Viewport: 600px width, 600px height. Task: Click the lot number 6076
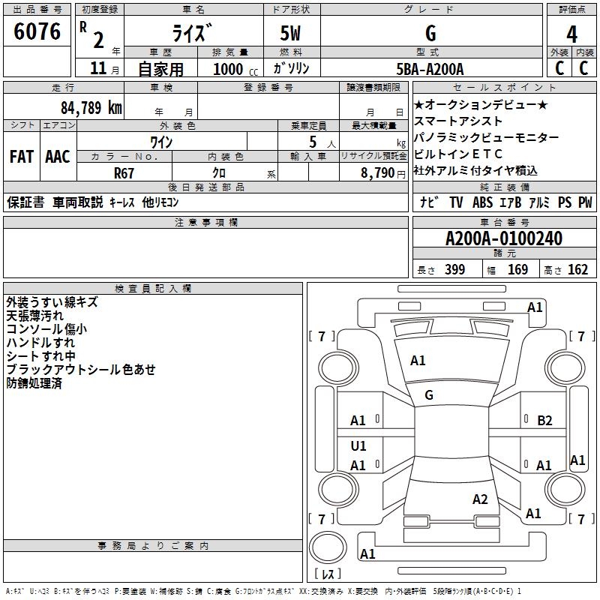(x=37, y=32)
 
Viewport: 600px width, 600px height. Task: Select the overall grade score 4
(x=571, y=34)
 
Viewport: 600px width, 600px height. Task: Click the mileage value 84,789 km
(x=91, y=107)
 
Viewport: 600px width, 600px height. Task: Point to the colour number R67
(x=124, y=172)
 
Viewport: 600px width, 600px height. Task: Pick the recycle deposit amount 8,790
(x=378, y=172)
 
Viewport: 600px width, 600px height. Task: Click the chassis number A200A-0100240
(x=503, y=239)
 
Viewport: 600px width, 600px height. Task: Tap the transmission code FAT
(x=22, y=157)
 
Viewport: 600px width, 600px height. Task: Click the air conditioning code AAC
(x=57, y=157)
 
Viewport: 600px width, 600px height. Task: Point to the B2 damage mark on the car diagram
(x=545, y=421)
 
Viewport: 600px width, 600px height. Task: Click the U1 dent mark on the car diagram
(x=358, y=446)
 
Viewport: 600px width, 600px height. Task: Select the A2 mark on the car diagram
(x=481, y=499)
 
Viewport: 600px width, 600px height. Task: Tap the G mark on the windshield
(x=429, y=395)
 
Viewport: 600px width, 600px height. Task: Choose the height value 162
(x=577, y=270)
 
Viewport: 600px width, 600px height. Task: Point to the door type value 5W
(x=291, y=34)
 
